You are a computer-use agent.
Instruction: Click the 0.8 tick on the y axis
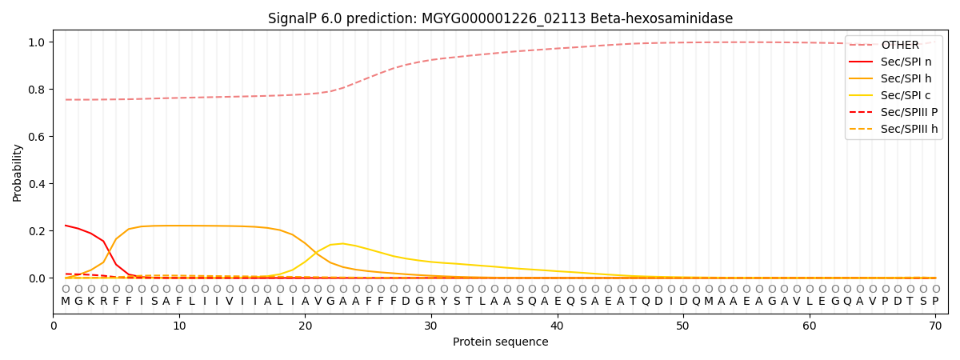pos(38,90)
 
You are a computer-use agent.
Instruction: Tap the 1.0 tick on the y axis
pos(38,42)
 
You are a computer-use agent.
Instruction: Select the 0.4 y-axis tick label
pos(38,184)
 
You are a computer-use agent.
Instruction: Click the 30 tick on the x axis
pos(431,326)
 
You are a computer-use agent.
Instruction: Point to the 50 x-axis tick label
pos(683,326)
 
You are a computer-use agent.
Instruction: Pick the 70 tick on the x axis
pos(935,326)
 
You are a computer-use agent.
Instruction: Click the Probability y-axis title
pos(18,172)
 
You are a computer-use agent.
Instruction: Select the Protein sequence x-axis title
pos(500,342)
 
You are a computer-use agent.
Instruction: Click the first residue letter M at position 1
pos(66,302)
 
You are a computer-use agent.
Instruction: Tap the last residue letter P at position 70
pos(935,302)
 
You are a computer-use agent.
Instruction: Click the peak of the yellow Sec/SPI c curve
pos(343,243)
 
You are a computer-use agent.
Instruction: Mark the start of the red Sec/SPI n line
pos(66,226)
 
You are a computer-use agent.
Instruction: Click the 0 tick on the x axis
pos(54,326)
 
